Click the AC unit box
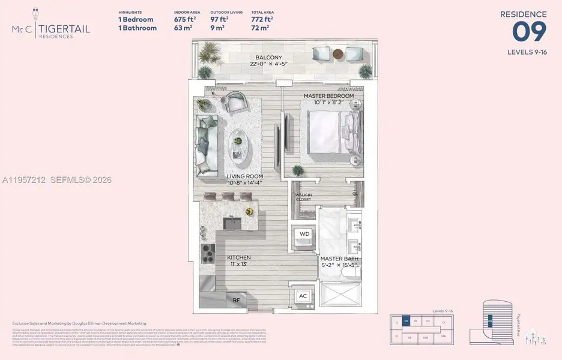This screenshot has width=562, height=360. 303,296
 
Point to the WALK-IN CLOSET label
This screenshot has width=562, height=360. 303,197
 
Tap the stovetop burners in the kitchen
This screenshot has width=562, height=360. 207,254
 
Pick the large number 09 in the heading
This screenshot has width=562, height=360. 529,31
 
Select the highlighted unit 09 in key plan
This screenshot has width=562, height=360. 406,322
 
